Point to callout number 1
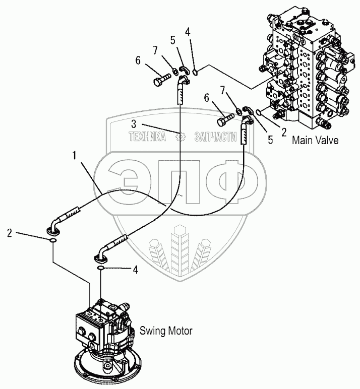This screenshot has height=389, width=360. pos(74,157)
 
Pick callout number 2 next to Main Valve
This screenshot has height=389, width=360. pos(284,133)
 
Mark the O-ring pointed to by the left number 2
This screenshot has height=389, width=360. pos(52,241)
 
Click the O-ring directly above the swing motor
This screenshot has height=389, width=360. pos(101,270)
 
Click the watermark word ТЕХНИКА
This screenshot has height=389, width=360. pos(147,136)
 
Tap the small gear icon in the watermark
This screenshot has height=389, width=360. pos(179,136)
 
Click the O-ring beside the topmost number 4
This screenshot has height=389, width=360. pos(195,72)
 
